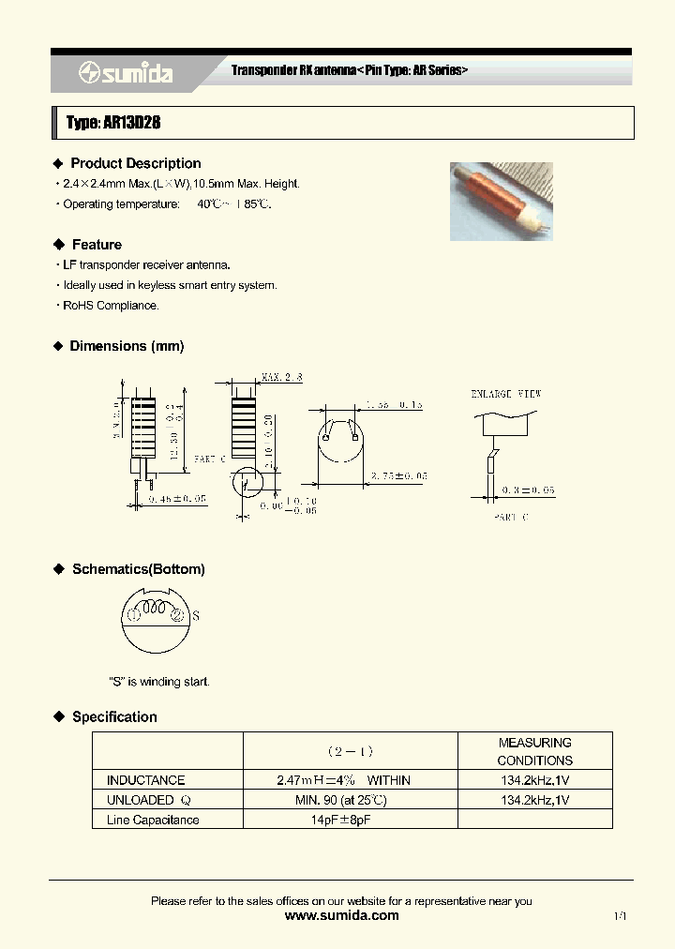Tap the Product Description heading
(135, 163)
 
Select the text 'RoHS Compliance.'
(111, 306)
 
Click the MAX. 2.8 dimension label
(283, 377)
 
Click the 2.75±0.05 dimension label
(397, 476)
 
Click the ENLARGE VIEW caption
(505, 394)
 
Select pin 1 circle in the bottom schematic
(133, 615)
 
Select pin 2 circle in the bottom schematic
(175, 615)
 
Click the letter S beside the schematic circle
(195, 616)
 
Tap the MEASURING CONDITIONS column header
(534, 751)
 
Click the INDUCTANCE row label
(145, 780)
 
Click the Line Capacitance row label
(153, 820)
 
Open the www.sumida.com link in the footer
(341, 916)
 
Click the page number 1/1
(620, 916)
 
